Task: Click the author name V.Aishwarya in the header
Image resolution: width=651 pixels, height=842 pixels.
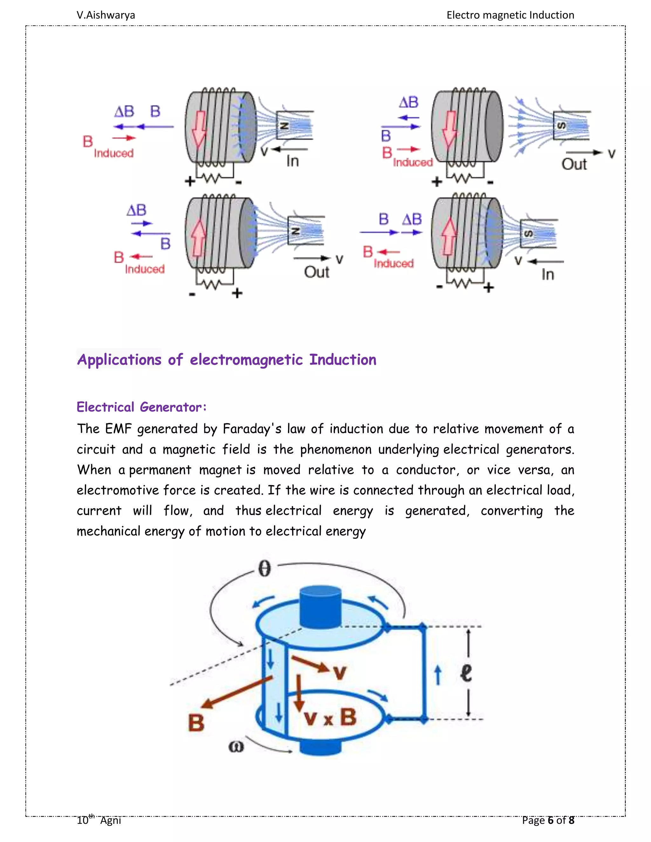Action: (x=106, y=15)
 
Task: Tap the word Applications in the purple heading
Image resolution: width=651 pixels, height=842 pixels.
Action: (x=119, y=360)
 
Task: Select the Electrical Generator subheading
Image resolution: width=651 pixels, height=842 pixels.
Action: (x=141, y=407)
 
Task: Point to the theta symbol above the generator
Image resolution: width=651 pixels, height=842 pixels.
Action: (x=264, y=569)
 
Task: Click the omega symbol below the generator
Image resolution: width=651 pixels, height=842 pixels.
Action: (x=236, y=747)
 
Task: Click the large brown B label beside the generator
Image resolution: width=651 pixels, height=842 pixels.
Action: (x=196, y=723)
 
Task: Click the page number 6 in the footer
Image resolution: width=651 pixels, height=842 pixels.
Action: (x=550, y=820)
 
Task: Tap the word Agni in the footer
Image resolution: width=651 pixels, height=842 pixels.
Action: (x=110, y=820)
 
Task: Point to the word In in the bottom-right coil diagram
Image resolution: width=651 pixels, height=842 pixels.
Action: (x=548, y=275)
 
